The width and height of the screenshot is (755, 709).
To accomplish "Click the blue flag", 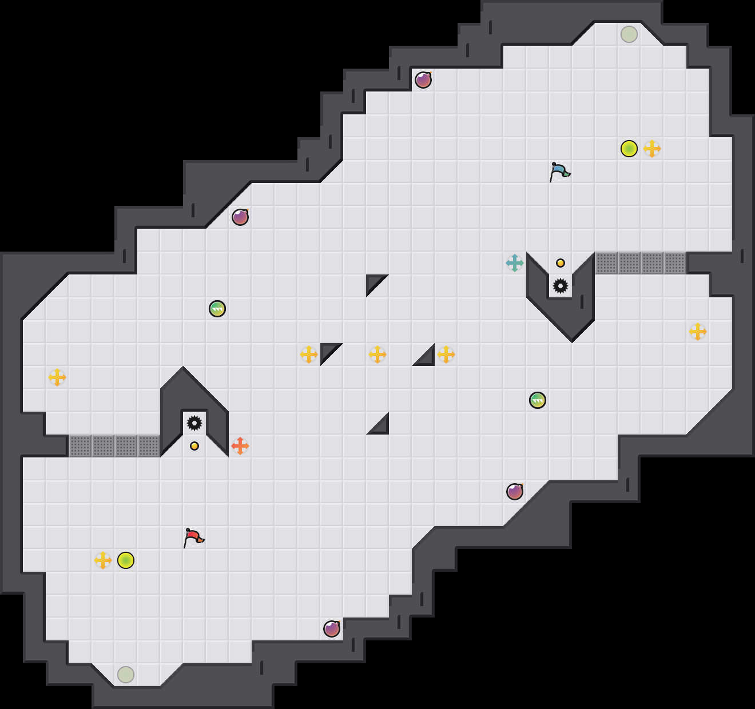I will [x=559, y=171].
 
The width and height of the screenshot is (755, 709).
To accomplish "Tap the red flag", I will [x=193, y=537].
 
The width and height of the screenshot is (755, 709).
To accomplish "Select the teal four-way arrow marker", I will [x=515, y=263].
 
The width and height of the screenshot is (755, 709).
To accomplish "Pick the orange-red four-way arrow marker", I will [x=240, y=446].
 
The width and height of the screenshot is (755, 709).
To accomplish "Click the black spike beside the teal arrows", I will [x=561, y=286].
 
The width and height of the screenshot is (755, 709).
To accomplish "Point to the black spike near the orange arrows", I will [x=194, y=423].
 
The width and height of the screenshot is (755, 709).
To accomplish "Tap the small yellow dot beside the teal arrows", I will [x=561, y=263].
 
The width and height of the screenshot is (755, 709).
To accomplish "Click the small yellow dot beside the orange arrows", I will [x=194, y=446].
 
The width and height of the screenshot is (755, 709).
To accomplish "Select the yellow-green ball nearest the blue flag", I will [x=629, y=149].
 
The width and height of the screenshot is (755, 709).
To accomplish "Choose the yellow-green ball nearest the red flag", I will [x=126, y=560].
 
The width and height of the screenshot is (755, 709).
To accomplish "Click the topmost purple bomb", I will [x=423, y=80].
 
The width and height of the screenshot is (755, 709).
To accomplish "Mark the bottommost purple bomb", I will [x=332, y=629].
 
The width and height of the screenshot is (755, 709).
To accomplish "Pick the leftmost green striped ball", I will [x=217, y=309].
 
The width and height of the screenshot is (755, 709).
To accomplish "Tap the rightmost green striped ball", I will [x=538, y=400].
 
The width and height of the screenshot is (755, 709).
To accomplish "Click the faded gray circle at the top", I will [x=629, y=34].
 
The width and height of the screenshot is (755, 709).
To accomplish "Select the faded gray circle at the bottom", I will [x=126, y=675].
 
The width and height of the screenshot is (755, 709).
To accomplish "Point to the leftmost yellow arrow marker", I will [x=57, y=377].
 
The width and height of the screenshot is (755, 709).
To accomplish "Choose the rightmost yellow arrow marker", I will [x=698, y=332].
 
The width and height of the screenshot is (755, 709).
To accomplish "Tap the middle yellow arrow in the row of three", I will [x=378, y=354].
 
